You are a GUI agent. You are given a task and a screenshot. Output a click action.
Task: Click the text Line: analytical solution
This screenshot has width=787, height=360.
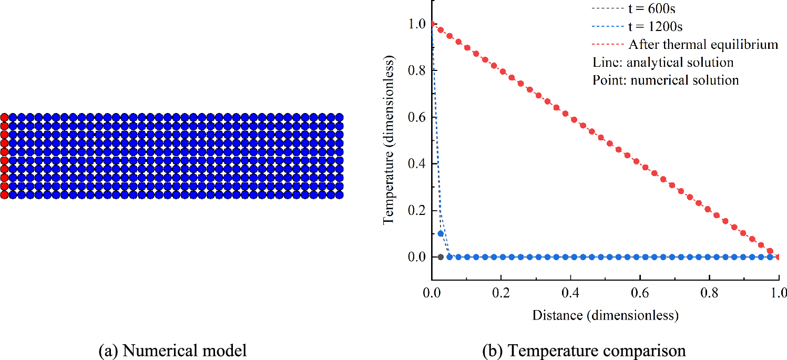point(662,62)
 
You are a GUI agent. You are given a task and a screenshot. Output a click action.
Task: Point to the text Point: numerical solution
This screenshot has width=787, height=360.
point(666,80)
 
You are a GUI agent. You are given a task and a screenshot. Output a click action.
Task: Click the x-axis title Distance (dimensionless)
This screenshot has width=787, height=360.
point(605,315)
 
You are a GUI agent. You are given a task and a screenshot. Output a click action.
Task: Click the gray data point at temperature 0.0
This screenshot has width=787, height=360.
point(441,257)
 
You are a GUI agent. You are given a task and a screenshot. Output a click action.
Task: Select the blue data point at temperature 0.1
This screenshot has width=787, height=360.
point(441,233)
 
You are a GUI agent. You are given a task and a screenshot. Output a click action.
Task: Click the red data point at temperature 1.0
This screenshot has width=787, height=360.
point(432,24)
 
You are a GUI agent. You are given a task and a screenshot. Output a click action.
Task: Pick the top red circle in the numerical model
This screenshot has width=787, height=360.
point(4,117)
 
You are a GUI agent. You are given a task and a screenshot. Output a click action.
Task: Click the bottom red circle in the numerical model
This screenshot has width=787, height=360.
point(4,194)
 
